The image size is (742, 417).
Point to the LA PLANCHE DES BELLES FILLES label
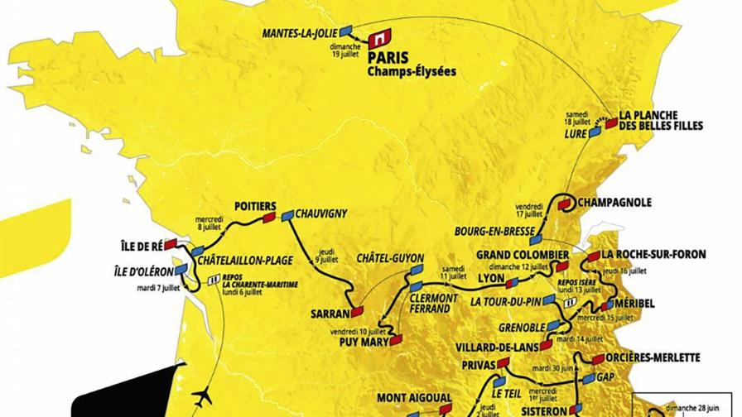point(662,120)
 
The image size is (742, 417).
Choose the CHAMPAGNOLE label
point(614,202)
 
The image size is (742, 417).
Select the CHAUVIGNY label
point(320,213)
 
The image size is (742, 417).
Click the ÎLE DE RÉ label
point(136,245)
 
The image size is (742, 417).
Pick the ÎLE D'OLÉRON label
point(144,271)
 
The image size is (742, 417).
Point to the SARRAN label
point(327,314)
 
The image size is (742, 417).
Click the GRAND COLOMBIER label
point(523,254)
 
